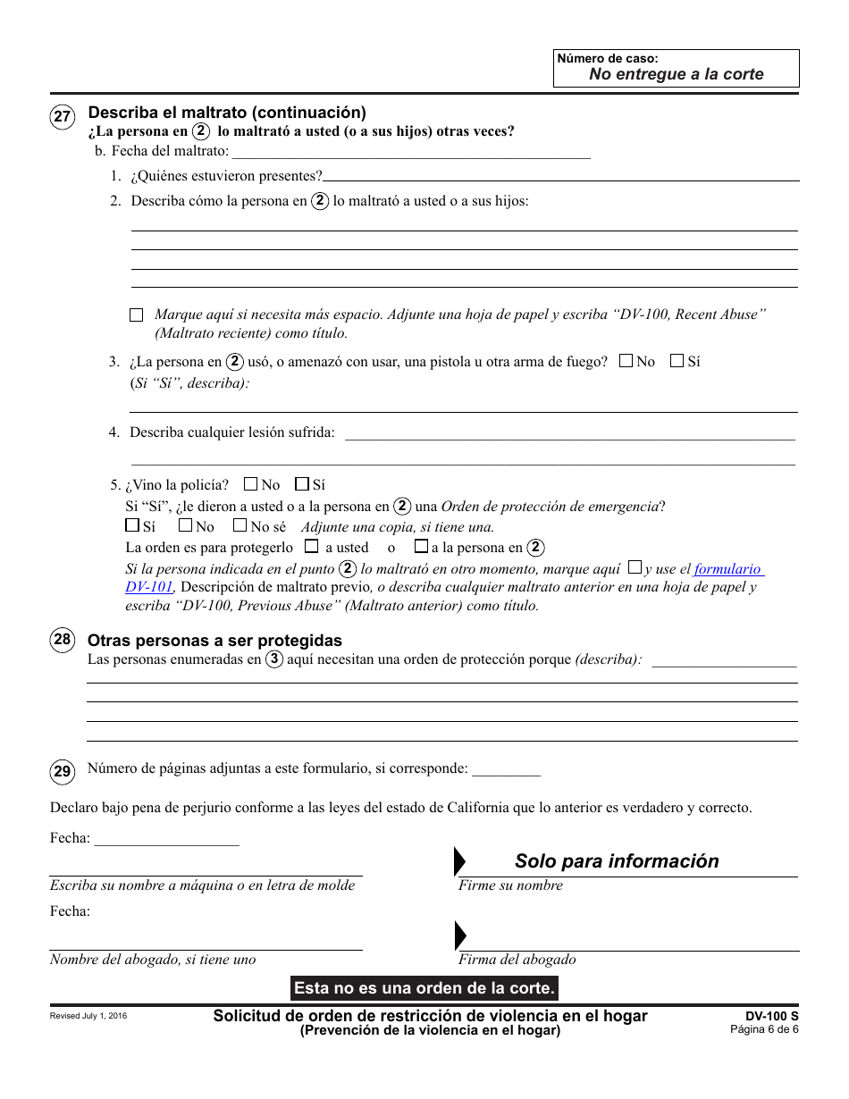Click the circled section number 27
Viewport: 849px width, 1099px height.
pyautogui.click(x=62, y=118)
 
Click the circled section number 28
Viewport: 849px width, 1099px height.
pyautogui.click(x=62, y=641)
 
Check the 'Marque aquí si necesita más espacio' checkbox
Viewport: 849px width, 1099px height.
pyautogui.click(x=136, y=315)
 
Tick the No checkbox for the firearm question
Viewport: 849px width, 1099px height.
pyautogui.click(x=626, y=361)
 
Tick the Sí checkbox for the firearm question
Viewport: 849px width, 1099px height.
pyautogui.click(x=677, y=361)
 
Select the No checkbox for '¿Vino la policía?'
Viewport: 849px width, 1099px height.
pyautogui.click(x=250, y=484)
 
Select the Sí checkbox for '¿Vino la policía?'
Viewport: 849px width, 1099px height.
pyautogui.click(x=302, y=484)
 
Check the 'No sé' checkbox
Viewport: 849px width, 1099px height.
pyautogui.click(x=240, y=526)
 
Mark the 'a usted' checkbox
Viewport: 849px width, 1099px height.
pyautogui.click(x=311, y=546)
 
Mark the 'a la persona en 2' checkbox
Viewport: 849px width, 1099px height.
pyautogui.click(x=420, y=546)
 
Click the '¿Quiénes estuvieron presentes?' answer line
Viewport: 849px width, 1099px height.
pyautogui.click(x=561, y=176)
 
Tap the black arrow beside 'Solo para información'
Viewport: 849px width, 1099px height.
pyautogui.click(x=460, y=861)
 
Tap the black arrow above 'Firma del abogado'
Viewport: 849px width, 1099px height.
pyautogui.click(x=460, y=935)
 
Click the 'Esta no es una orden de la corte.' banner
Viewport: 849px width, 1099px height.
pyautogui.click(x=424, y=988)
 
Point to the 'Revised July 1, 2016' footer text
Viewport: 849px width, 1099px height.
pyautogui.click(x=88, y=1016)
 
